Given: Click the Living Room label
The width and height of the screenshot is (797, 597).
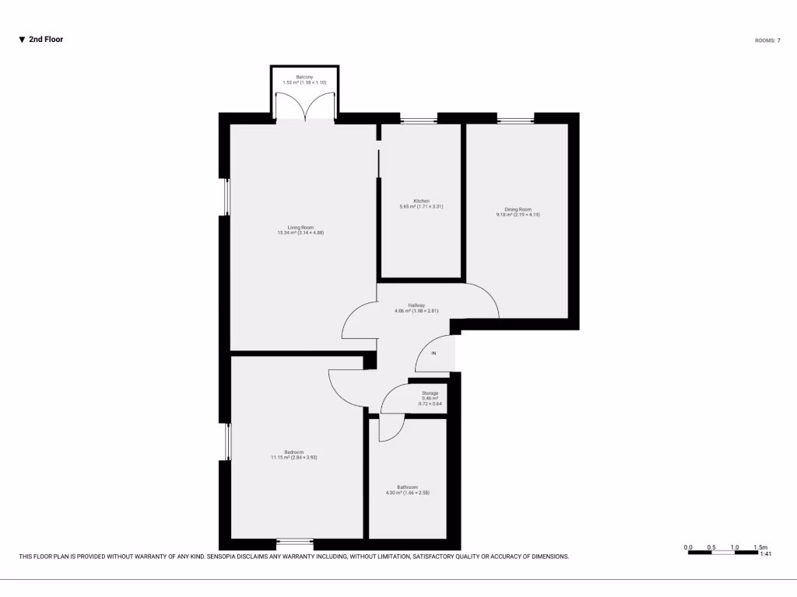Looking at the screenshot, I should [300, 229].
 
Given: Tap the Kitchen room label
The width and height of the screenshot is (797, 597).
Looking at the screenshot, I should [421, 204].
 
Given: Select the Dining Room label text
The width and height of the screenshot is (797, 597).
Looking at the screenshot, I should [518, 211].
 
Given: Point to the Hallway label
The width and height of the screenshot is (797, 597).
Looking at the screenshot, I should [416, 308].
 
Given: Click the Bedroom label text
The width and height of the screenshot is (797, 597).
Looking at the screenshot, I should [293, 455].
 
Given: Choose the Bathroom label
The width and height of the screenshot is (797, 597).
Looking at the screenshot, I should [407, 490].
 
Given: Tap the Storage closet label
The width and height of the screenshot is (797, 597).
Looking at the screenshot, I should [430, 398].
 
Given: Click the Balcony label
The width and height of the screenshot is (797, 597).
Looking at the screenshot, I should [304, 79].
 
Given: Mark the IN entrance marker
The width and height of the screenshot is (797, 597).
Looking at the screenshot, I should [434, 354].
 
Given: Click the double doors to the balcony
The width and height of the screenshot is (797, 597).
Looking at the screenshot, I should [304, 106].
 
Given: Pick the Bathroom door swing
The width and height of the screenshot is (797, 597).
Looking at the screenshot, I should [393, 430].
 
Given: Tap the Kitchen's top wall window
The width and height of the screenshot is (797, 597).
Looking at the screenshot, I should [418, 119].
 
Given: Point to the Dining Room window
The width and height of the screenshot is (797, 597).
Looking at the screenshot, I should [515, 119].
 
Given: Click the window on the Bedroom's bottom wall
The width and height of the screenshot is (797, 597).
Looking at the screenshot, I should [295, 542].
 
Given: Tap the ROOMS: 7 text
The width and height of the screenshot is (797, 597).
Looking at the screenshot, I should [767, 40].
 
